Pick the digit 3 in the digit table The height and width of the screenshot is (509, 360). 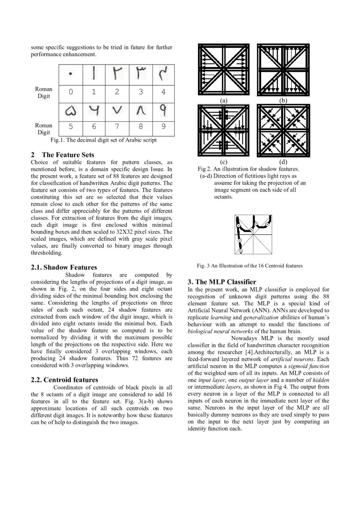(140, 92)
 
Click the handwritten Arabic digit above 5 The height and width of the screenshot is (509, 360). (70, 111)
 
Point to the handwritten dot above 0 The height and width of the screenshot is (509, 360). (70, 74)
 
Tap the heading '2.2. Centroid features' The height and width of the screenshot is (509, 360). (65, 380)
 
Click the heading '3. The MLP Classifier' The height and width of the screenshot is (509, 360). (222, 282)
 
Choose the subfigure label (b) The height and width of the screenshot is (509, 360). (283, 100)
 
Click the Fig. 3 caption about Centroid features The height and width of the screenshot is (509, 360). (250, 265)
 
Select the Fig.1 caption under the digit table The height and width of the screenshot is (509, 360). (103, 140)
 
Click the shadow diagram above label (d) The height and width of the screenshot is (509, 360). (283, 131)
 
